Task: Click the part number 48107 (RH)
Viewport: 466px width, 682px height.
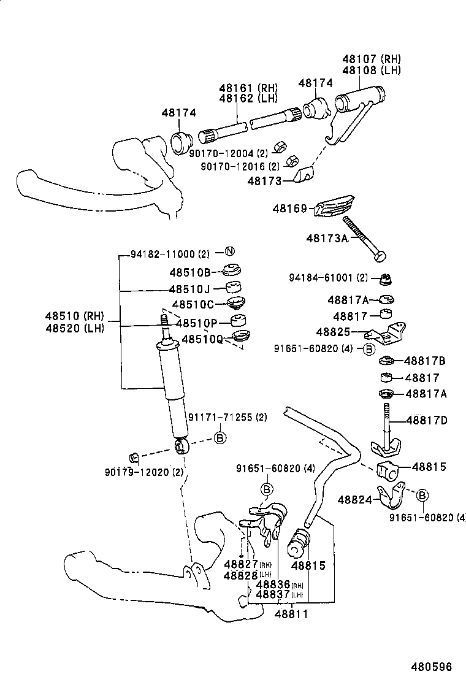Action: pos(371,59)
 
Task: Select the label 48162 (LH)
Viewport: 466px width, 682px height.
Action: pos(248,98)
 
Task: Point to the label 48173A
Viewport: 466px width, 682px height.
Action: pos(327,238)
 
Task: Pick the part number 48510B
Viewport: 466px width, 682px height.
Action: pos(189,272)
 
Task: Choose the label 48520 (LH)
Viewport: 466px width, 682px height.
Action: pos(74,328)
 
